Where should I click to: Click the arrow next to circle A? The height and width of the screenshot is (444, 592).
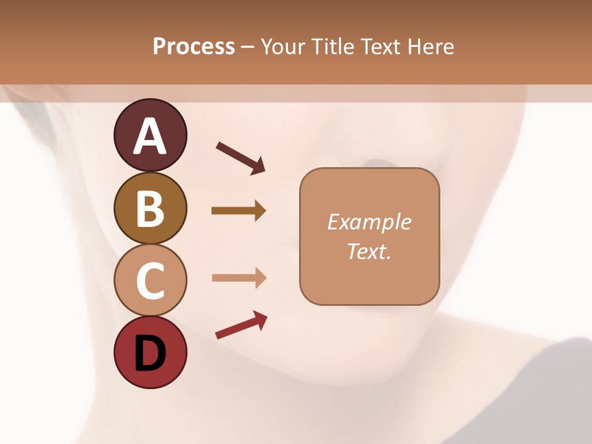tap(241, 158)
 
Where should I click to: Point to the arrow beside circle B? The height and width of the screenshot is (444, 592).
tap(239, 211)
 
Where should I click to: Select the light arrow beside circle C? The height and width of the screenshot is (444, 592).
tap(239, 278)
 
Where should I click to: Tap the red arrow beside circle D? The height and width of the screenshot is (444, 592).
tap(241, 325)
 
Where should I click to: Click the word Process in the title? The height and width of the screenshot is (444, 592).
tap(194, 47)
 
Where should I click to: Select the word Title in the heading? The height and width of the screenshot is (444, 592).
tap(333, 47)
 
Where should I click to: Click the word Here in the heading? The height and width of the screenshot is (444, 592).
tap(430, 47)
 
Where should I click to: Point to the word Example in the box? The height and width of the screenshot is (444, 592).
tap(369, 222)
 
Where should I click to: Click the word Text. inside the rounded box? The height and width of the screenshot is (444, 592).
tap(369, 251)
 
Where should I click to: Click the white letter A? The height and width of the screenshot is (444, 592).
tap(150, 136)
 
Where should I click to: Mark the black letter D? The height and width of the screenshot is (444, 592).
tap(150, 353)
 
